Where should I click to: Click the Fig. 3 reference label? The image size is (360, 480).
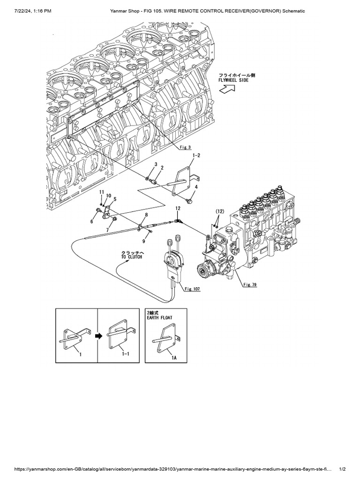[x=186, y=147]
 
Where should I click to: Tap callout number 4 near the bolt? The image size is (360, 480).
[x=196, y=187]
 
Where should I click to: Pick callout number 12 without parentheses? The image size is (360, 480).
[x=178, y=208]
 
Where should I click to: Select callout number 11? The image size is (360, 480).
[x=101, y=192]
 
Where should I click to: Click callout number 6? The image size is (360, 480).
[x=92, y=221]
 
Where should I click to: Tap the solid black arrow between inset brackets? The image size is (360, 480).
[x=97, y=335]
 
